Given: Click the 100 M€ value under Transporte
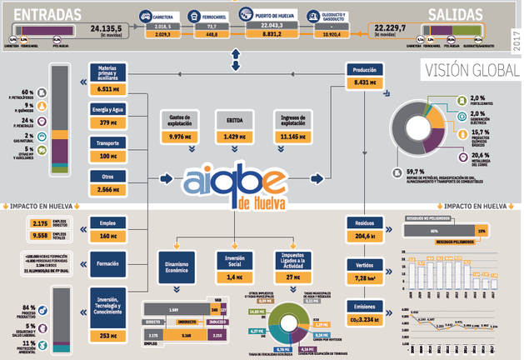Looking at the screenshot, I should (108, 156).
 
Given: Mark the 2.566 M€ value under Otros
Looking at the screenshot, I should (108, 189).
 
